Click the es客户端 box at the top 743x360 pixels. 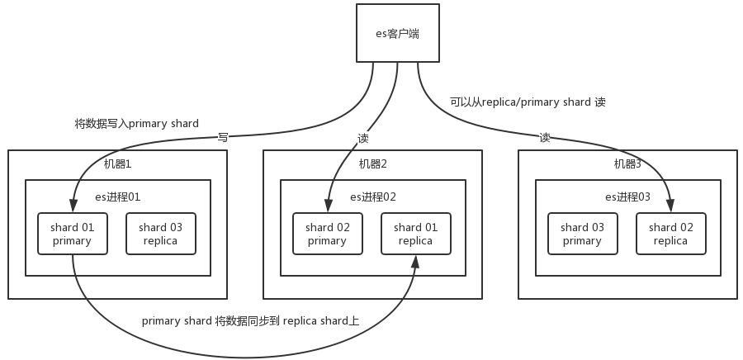point(399,32)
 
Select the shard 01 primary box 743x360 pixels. point(72,234)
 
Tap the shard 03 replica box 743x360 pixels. point(160,234)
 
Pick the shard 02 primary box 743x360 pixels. point(327,234)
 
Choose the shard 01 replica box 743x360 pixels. point(415,234)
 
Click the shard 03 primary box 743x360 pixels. point(582,234)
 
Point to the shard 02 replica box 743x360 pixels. point(670,234)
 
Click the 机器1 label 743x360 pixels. point(117,164)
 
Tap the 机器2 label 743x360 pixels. point(372,164)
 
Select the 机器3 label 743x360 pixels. point(627,164)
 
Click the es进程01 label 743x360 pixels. point(118,197)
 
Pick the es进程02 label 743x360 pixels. point(373,197)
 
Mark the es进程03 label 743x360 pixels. point(628,197)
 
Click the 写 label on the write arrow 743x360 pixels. point(223,137)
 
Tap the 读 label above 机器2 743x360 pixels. point(363,138)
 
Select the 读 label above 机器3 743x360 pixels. point(545,137)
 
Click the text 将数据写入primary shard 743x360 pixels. point(136,124)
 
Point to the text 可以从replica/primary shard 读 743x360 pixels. point(528,102)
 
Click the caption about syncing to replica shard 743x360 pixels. point(250,321)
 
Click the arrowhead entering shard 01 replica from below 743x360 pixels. point(415,261)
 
